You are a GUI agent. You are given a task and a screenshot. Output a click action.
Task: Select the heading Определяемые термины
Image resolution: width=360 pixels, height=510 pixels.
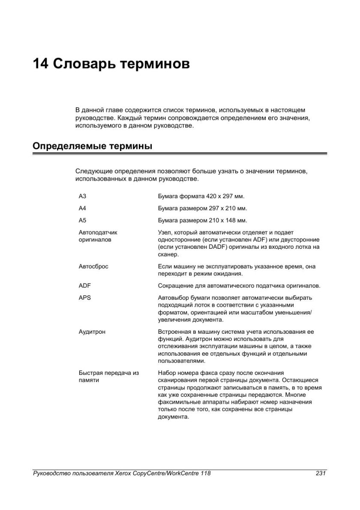click(x=92, y=146)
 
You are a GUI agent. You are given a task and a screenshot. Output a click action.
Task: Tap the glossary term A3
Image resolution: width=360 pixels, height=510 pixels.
click(x=83, y=196)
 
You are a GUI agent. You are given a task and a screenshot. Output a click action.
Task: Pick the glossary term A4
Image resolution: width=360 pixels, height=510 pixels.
click(x=83, y=208)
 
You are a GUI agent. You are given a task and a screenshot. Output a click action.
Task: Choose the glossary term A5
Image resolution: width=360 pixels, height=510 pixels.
click(x=83, y=220)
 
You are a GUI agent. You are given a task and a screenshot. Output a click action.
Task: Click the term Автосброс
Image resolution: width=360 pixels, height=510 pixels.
click(x=93, y=266)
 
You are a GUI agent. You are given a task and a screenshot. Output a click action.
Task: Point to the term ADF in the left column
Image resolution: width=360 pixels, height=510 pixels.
click(x=85, y=286)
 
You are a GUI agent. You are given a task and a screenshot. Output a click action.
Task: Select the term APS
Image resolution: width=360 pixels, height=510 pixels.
click(x=85, y=298)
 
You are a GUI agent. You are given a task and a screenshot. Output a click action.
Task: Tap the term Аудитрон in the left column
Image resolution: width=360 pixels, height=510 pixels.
click(x=92, y=332)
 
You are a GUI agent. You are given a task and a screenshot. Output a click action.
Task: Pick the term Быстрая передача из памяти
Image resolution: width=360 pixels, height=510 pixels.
click(x=108, y=377)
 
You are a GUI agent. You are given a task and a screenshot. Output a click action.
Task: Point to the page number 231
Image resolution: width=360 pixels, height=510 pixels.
click(x=321, y=474)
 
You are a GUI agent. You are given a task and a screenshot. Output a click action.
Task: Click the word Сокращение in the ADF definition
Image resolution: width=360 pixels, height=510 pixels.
click(x=175, y=286)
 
